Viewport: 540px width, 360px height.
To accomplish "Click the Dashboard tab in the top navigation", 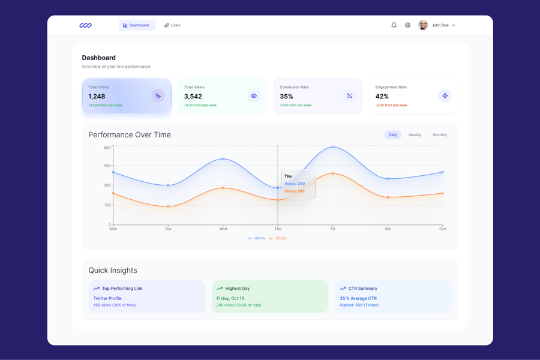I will click(137, 25).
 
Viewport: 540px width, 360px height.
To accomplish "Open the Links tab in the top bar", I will click(172, 25).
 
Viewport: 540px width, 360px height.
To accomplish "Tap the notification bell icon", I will click(394, 25).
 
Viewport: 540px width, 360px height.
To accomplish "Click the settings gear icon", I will click(407, 25).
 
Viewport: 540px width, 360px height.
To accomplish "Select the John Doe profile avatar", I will click(423, 25).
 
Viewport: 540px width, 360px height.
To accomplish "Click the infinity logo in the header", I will click(86, 25).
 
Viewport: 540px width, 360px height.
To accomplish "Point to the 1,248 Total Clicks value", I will click(97, 96).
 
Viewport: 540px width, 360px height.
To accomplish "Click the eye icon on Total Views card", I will click(254, 96).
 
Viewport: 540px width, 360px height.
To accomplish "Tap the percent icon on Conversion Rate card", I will click(349, 96).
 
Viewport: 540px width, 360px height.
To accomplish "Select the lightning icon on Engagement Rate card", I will click(445, 96).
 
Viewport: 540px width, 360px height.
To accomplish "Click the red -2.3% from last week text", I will click(391, 106).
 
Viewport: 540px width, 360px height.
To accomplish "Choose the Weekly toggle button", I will click(415, 135).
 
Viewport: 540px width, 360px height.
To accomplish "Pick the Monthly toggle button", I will click(440, 135).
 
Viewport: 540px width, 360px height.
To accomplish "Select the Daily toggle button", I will click(392, 135).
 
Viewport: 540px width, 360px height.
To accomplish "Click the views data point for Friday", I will click(333, 147).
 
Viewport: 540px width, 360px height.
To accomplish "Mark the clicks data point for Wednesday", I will click(223, 188).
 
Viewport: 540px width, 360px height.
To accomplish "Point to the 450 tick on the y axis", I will click(107, 166).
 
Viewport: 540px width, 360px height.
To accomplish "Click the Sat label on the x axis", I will click(388, 229).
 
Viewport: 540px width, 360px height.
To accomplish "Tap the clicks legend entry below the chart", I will click(277, 238).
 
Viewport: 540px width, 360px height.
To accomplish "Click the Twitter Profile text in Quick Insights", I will click(107, 298).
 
